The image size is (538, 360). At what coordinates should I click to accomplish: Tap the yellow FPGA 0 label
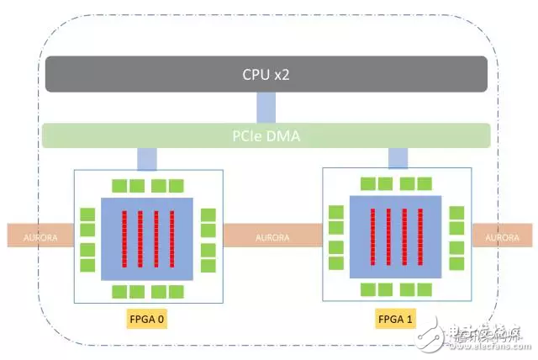click(x=145, y=320)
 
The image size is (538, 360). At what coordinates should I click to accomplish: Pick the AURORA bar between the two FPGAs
click(x=272, y=237)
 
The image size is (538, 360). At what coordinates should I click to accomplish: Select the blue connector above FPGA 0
click(x=146, y=157)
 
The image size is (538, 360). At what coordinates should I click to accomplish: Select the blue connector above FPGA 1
click(x=398, y=157)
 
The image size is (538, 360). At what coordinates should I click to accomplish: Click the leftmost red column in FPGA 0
click(x=124, y=238)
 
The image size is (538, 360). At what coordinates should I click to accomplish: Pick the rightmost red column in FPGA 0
click(x=171, y=238)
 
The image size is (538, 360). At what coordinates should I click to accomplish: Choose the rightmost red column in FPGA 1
click(x=419, y=236)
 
